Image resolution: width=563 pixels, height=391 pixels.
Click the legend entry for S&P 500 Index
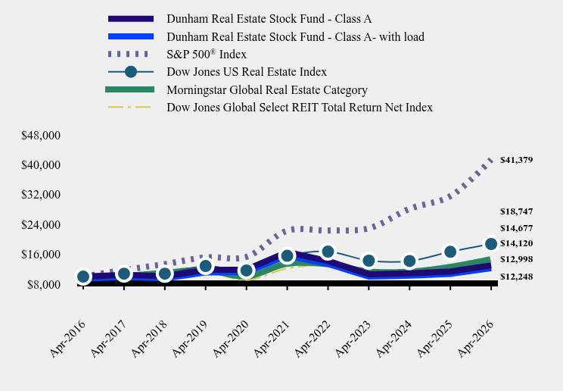(x=207, y=55)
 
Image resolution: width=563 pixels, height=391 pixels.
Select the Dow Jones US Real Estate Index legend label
(x=247, y=72)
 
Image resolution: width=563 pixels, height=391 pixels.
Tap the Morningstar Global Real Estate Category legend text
(x=267, y=89)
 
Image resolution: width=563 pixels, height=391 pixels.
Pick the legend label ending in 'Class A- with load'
(x=296, y=36)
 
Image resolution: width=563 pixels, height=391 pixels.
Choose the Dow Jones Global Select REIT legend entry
(x=300, y=107)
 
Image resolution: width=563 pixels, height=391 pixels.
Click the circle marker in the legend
(x=131, y=72)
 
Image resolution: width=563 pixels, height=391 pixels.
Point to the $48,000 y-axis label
(x=41, y=136)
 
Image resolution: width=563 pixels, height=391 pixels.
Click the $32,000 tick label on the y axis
(x=41, y=195)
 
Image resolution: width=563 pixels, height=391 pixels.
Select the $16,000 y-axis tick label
(x=41, y=255)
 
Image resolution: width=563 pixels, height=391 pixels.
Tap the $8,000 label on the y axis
(x=44, y=284)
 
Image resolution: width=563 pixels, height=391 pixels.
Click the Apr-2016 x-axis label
(x=68, y=339)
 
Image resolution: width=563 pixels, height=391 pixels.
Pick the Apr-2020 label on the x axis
(x=231, y=339)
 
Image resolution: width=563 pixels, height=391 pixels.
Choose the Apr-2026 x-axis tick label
(x=476, y=339)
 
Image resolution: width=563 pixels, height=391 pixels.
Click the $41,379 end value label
(x=516, y=160)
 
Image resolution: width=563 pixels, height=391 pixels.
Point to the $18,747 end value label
(x=516, y=211)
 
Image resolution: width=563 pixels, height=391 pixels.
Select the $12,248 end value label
(x=516, y=277)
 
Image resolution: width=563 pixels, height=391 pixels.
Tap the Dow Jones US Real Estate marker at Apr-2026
(x=491, y=244)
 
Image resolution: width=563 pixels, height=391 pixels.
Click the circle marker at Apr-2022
(x=328, y=252)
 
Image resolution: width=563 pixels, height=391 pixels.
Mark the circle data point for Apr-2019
(x=205, y=266)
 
